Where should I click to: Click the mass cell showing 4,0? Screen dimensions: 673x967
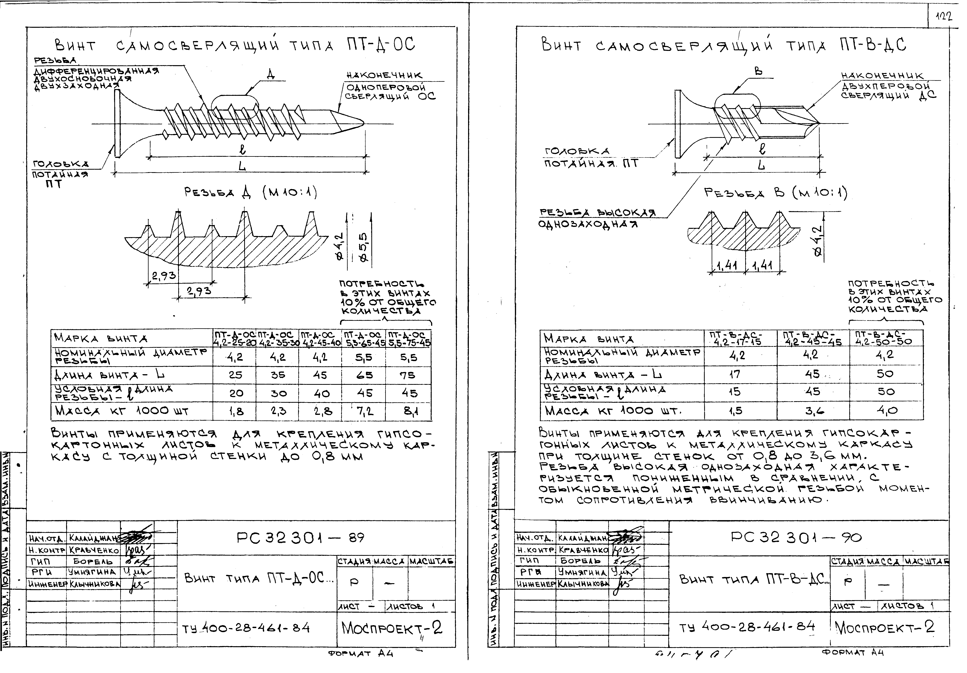[x=886, y=410]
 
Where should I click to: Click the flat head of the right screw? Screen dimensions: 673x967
[x=678, y=124]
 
